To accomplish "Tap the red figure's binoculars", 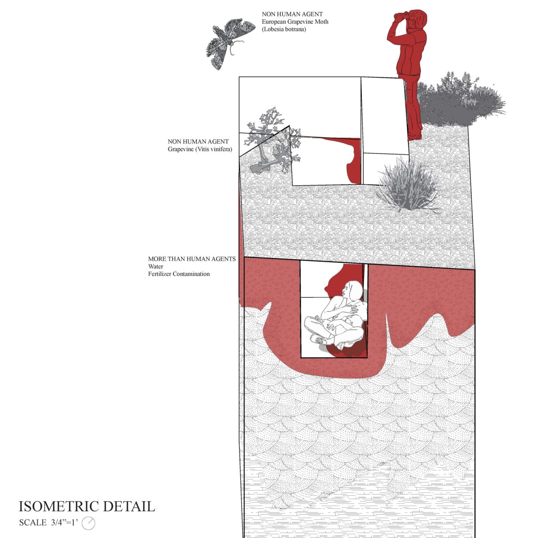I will [x=402, y=16].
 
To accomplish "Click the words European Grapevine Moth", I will [x=295, y=22].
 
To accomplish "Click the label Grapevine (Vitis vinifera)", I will [x=200, y=149].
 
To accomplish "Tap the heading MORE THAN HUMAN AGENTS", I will [x=192, y=259].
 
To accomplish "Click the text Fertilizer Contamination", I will [x=179, y=274].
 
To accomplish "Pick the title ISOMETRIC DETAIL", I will [x=87, y=507].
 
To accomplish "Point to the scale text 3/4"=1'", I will [x=64, y=523].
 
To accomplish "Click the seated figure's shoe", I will [x=319, y=341].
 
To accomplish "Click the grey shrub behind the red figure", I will [x=462, y=101].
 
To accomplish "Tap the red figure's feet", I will [x=415, y=134].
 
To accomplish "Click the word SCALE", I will [x=32, y=523].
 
